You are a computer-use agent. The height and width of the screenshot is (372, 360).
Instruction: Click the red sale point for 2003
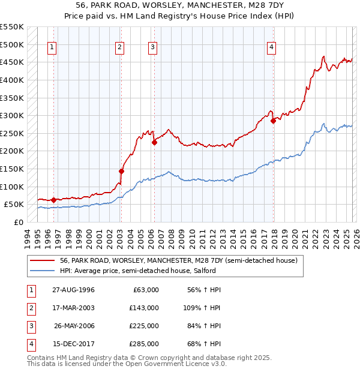coord(121,171)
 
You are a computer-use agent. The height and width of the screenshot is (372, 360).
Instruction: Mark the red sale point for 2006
coord(154,142)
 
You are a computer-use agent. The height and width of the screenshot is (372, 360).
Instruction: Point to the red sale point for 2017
coord(273,121)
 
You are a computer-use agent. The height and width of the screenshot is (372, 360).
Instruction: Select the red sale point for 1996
coord(54,200)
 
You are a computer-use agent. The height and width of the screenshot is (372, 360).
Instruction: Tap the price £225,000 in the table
coord(144,326)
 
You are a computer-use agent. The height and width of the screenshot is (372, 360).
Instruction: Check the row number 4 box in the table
coord(29,344)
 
